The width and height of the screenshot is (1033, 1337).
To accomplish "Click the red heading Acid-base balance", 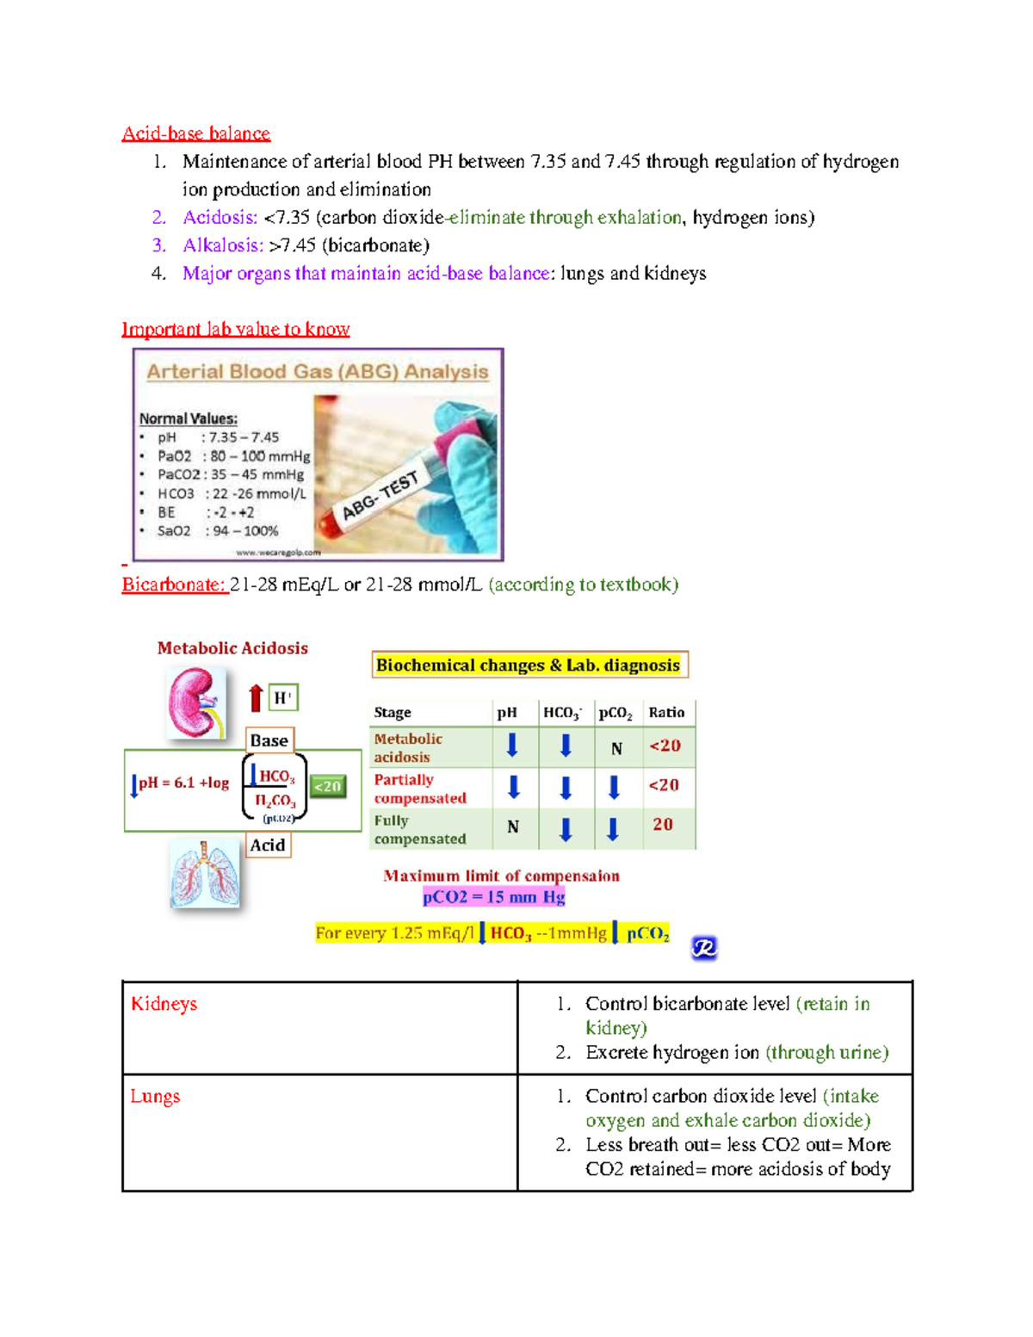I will tap(195, 133).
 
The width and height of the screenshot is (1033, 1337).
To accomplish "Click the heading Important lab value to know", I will tap(235, 329).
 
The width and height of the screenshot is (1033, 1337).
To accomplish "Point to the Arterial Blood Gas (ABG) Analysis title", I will tap(317, 372).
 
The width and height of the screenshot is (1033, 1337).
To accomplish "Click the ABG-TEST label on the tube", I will tap(380, 496).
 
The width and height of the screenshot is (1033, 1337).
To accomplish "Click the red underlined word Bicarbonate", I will tap(174, 585).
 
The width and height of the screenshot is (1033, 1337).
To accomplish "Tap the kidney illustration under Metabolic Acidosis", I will tap(195, 703).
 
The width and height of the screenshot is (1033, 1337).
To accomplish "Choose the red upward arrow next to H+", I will tap(256, 697).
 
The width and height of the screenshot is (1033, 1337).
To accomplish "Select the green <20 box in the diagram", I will tap(327, 786).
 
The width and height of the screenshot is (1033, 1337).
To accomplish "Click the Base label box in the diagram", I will tap(269, 740).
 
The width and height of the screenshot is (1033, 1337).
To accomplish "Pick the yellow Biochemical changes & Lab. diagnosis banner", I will tap(529, 665).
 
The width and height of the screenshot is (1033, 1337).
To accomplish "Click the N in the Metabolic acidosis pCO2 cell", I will tap(616, 748).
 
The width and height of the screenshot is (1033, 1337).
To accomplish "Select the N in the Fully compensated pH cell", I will tap(513, 827).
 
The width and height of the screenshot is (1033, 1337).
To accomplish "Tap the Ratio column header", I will tap(666, 712).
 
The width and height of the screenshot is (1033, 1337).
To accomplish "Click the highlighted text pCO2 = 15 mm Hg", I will tap(493, 897).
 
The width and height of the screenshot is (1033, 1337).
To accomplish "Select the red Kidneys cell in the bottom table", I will tap(164, 1004).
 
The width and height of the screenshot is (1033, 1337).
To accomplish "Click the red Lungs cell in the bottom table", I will tap(155, 1096).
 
